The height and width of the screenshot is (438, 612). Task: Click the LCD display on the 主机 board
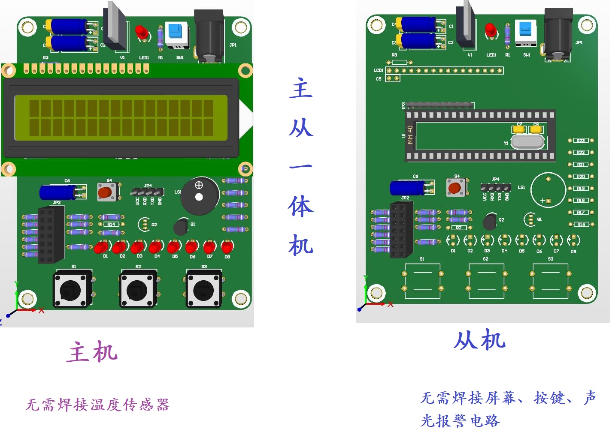point(121,118)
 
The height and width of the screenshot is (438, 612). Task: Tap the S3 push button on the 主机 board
point(204,290)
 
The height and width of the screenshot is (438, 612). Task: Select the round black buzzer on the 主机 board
point(199,196)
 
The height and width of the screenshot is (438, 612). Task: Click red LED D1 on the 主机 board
point(101,247)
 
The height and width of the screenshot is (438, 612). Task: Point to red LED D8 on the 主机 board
point(227,247)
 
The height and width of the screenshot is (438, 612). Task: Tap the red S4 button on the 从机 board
point(455,187)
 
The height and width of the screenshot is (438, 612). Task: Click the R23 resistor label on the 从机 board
point(581,141)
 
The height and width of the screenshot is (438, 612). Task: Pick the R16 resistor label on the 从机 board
point(581,224)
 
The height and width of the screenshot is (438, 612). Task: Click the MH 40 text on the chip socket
point(410,135)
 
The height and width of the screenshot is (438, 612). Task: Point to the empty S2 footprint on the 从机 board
point(486,281)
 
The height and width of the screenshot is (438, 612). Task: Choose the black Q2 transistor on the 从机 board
point(490,222)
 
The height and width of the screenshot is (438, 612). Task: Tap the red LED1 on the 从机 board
point(490,31)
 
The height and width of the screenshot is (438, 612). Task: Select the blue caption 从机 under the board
point(480,340)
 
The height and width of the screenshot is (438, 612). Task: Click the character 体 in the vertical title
point(301,207)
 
